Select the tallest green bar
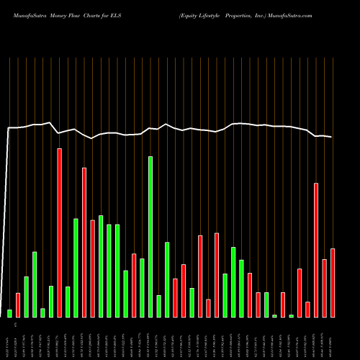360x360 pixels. pos(150,237)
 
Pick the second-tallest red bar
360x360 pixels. pos(84,242)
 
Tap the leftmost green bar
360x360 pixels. pos(10,313)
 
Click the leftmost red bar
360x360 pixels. pos(18,305)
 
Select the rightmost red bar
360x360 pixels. pos(333,282)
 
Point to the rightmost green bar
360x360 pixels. pos(291,315)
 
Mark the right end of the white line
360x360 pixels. pos(332,137)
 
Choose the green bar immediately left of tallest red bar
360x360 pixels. pos(51,301)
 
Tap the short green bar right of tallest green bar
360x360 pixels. pos(158,306)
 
